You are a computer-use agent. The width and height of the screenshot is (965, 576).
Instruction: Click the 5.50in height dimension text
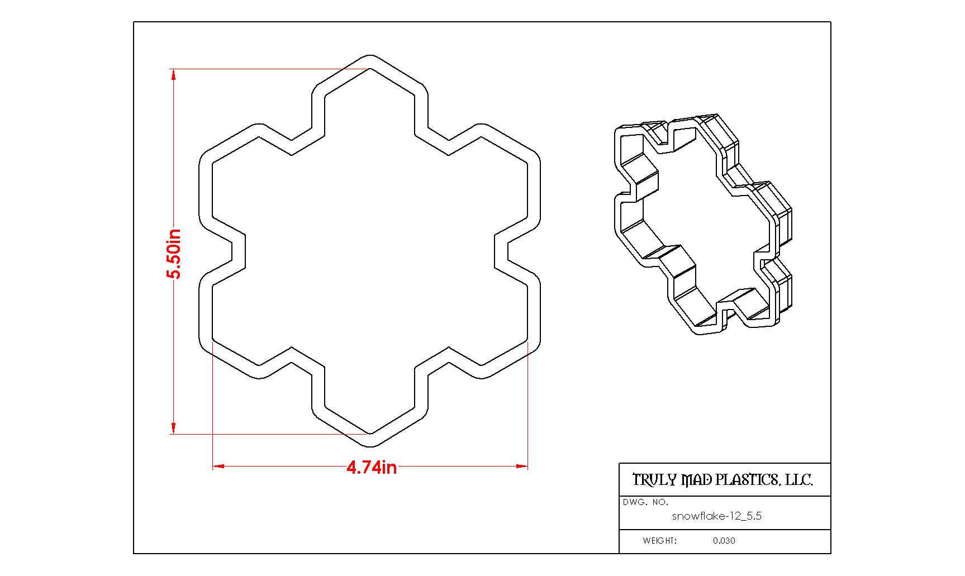(174, 254)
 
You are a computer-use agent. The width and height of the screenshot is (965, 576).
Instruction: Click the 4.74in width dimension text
(372, 467)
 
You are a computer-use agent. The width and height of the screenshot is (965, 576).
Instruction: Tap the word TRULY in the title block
(654, 480)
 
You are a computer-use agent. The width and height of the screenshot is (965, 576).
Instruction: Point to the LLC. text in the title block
(799, 480)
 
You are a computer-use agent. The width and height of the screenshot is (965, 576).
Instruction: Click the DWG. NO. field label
(645, 502)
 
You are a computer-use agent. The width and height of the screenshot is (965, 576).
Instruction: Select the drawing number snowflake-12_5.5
(717, 516)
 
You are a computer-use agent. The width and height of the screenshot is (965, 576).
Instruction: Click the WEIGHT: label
(659, 541)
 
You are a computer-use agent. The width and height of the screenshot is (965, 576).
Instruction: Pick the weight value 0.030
(724, 541)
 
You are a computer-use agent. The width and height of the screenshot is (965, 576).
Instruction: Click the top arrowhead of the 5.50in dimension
(174, 74)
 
